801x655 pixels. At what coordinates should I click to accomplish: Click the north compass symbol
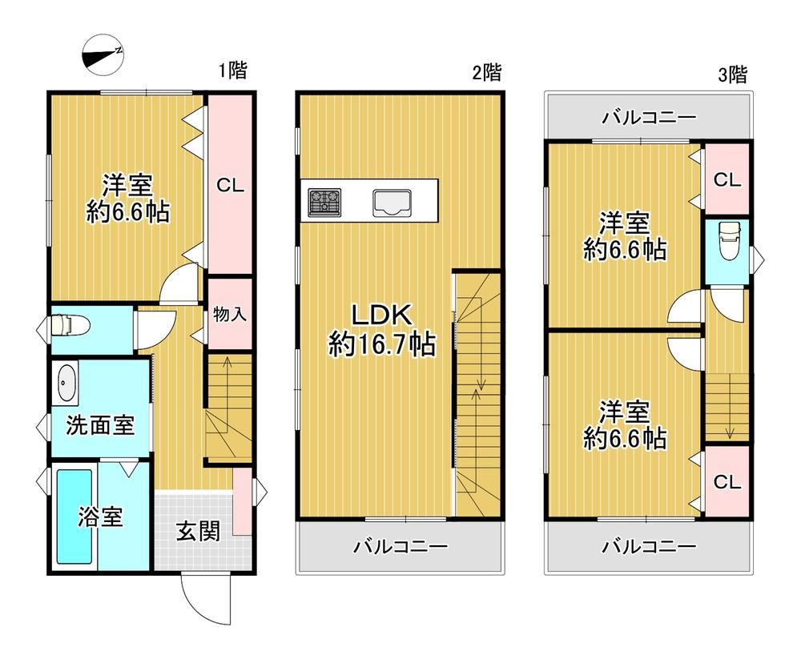click(x=103, y=55)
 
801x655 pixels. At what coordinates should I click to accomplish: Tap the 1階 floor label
click(x=233, y=70)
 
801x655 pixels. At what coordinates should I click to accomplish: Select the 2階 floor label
click(x=486, y=72)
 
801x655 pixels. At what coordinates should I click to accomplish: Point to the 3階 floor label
click(x=733, y=74)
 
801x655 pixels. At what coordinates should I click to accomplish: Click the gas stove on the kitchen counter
click(x=324, y=201)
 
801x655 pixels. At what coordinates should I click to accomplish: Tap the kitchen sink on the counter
click(x=392, y=203)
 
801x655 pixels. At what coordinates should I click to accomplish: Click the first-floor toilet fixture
click(x=70, y=324)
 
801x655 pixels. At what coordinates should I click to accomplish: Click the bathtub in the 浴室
click(x=74, y=516)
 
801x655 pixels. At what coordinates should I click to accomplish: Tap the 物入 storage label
click(x=230, y=314)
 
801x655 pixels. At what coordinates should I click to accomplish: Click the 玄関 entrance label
click(x=198, y=532)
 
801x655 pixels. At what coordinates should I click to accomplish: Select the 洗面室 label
click(x=100, y=424)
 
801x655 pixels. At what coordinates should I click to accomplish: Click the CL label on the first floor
click(x=231, y=185)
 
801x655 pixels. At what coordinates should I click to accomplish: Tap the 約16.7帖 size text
click(x=382, y=344)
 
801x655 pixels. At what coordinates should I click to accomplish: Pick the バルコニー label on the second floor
click(x=401, y=547)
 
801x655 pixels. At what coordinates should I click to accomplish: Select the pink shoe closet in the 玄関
click(x=242, y=500)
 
